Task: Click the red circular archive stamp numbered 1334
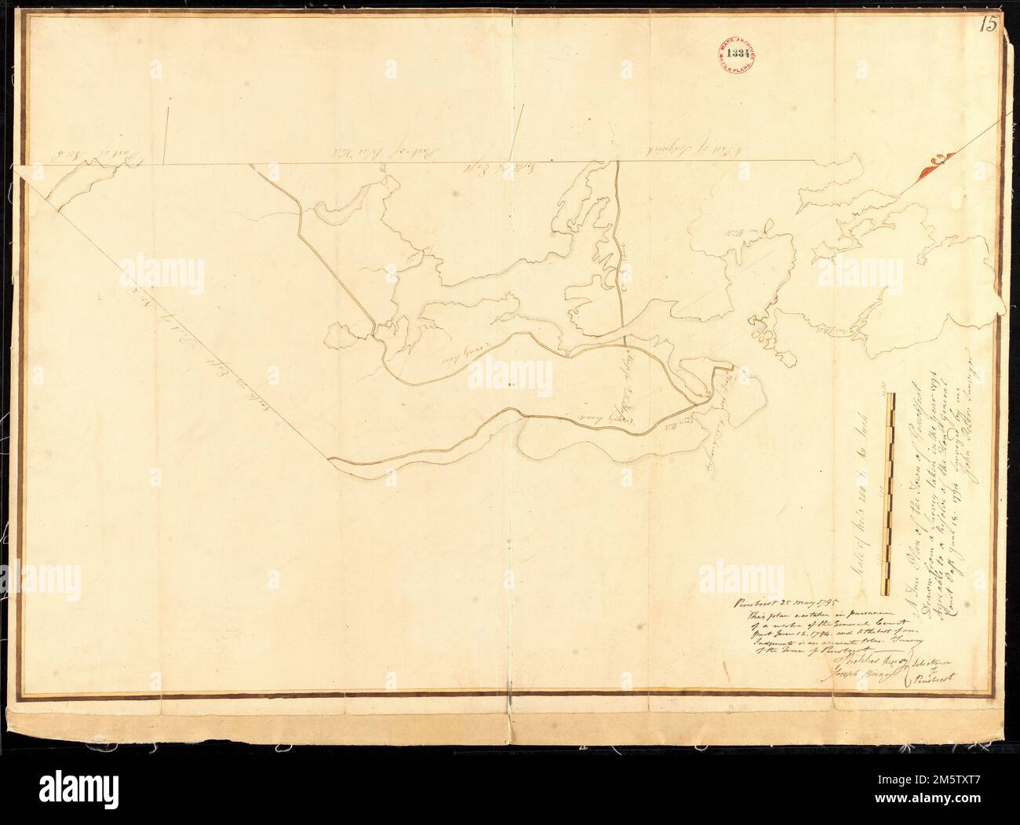[735, 56]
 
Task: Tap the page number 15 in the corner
[988, 24]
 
